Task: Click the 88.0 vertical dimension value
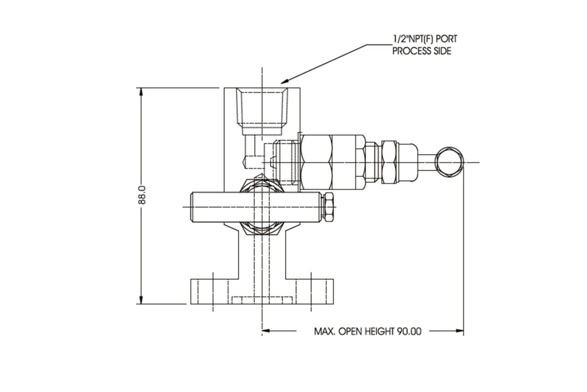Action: pyautogui.click(x=142, y=195)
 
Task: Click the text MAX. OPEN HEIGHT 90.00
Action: pyautogui.click(x=367, y=331)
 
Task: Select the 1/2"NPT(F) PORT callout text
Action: pyautogui.click(x=424, y=39)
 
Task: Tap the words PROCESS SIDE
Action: pyautogui.click(x=422, y=51)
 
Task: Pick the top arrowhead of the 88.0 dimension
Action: pyautogui.click(x=142, y=92)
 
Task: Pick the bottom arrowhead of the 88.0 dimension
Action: pyautogui.click(x=142, y=300)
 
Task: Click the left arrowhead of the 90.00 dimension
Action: pyautogui.click(x=266, y=330)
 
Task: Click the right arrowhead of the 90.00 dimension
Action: pyautogui.click(x=460, y=330)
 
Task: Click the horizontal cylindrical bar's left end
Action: pyautogui.click(x=193, y=207)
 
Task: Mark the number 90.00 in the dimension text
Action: pyautogui.click(x=409, y=331)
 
